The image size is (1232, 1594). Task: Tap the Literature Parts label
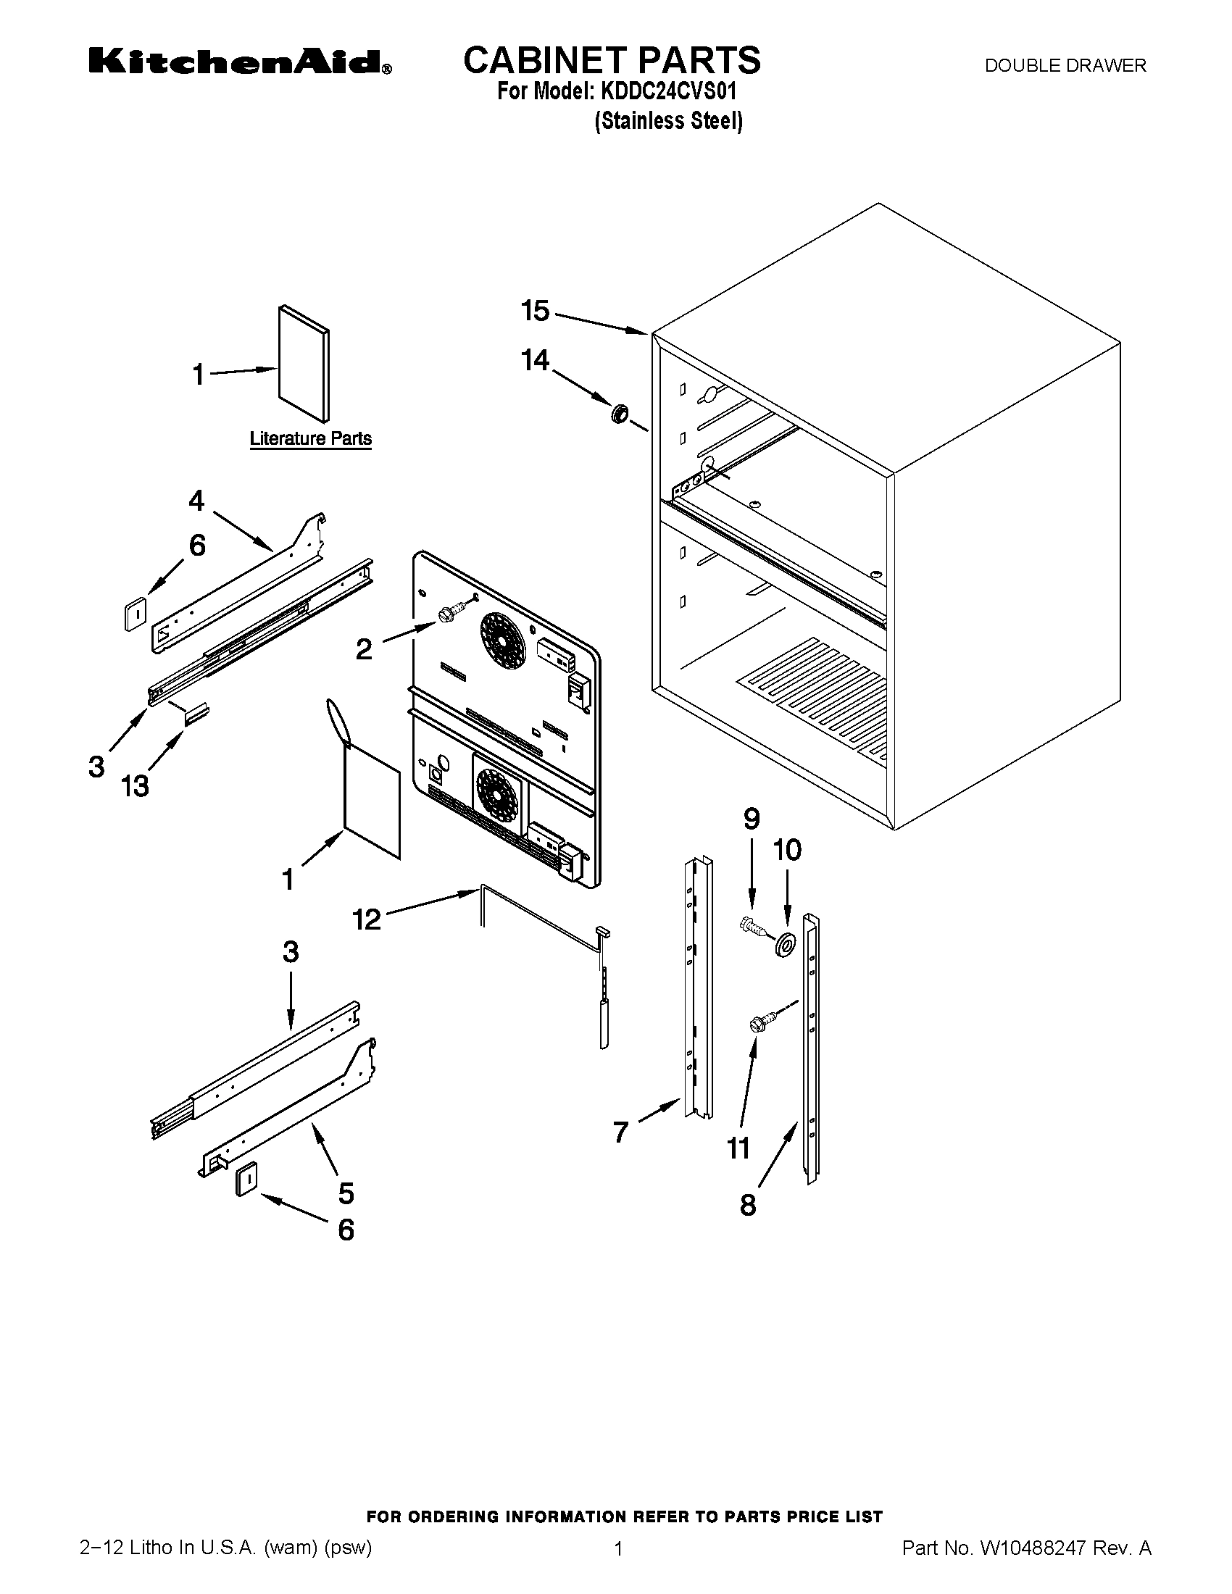tap(310, 438)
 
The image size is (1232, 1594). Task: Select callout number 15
tap(535, 311)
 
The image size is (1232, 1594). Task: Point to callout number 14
tap(535, 360)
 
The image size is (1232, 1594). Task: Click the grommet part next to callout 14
tap(620, 414)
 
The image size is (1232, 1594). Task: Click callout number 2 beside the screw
tap(364, 649)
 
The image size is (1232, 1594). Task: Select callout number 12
tap(367, 919)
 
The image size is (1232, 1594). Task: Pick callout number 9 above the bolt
tap(752, 819)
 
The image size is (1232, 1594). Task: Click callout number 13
tap(135, 786)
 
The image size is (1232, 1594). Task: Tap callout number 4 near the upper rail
tap(196, 501)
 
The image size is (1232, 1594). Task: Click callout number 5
tap(346, 1193)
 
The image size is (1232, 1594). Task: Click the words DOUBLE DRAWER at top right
tap(1065, 66)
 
